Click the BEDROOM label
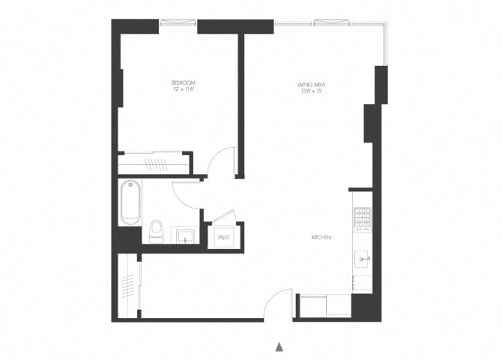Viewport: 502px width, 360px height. (x=183, y=82)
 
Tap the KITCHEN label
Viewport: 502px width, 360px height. (x=321, y=238)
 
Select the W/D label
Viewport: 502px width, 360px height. (x=223, y=238)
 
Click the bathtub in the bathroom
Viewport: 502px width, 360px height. (x=130, y=202)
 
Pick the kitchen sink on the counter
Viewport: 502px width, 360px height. (x=363, y=259)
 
